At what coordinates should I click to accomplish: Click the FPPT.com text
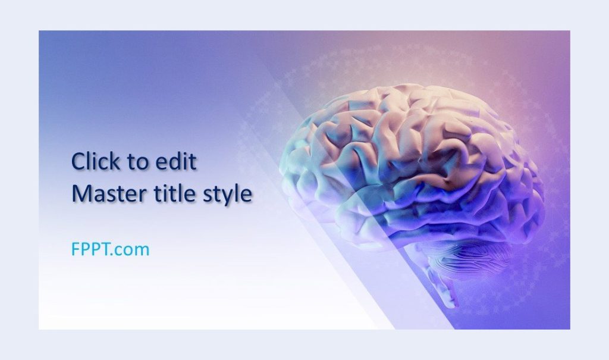[110, 249]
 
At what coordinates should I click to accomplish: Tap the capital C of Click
[79, 162]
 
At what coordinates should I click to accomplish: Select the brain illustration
[410, 179]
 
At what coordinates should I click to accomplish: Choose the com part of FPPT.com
[134, 251]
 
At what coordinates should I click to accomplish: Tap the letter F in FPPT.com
[76, 249]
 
